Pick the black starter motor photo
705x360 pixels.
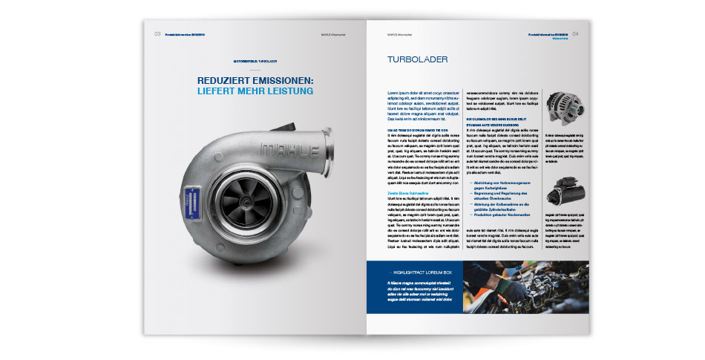coord(563,195)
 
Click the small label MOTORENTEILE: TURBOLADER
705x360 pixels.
coord(255,60)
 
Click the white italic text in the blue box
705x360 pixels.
coord(420,293)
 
